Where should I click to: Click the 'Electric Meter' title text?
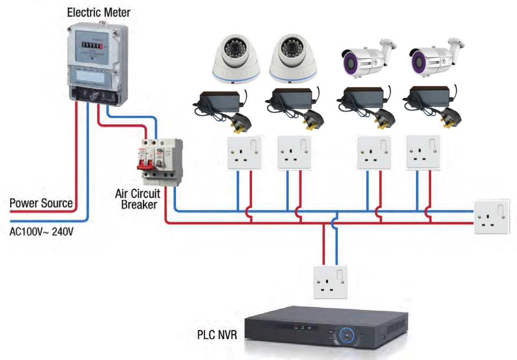pos(98,11)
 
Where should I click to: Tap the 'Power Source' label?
pos(41,203)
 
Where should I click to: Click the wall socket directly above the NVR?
pos(330,282)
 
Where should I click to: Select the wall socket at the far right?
pos(491,217)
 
